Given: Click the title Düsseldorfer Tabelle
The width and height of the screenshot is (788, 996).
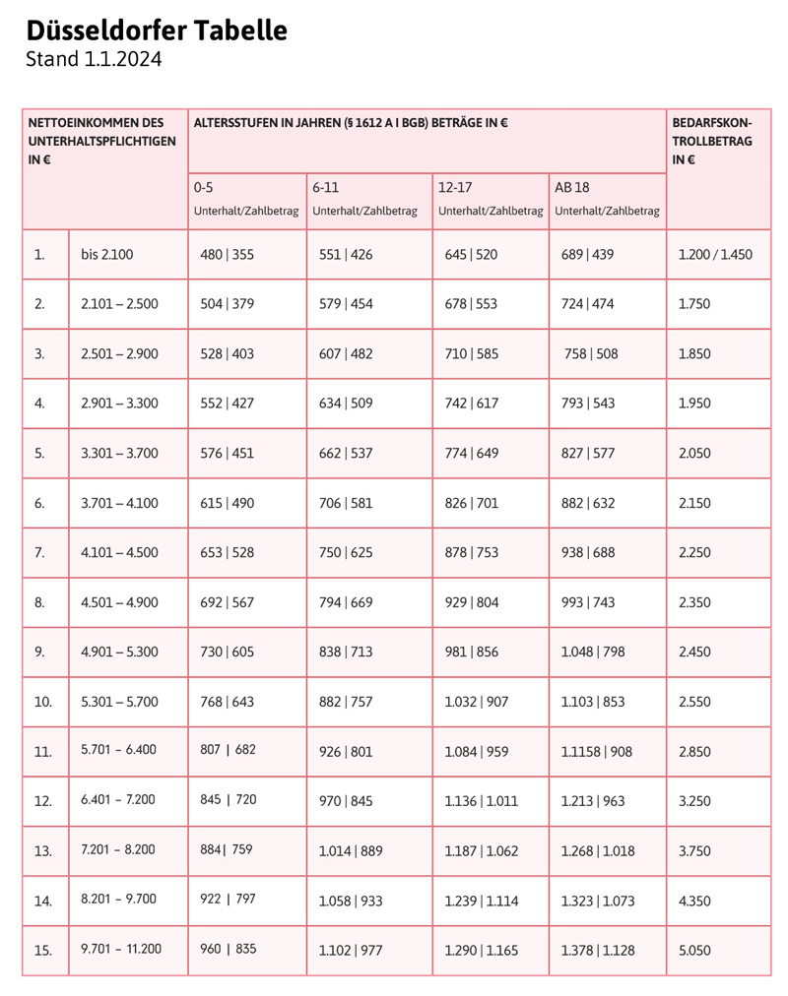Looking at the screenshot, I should tap(157, 31).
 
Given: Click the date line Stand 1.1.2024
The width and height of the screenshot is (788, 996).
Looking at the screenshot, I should tap(94, 60).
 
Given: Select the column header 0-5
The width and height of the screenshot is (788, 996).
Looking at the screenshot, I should tap(203, 187).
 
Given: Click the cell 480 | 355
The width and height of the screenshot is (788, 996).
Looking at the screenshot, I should tap(227, 255).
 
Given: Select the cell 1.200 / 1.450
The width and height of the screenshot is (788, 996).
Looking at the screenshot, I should tap(715, 255).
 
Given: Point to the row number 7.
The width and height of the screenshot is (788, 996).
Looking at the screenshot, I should tap(39, 553).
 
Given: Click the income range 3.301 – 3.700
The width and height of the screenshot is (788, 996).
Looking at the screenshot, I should tap(119, 454).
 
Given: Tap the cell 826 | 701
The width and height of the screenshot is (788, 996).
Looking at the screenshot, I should tap(472, 503).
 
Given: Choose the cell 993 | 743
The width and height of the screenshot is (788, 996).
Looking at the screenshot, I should tap(587, 602).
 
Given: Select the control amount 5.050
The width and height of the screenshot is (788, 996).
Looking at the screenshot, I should tap(694, 951).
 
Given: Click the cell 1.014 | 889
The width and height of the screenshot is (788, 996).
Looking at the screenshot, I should tap(351, 850).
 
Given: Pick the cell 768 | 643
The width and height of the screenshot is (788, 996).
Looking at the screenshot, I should tap(227, 702).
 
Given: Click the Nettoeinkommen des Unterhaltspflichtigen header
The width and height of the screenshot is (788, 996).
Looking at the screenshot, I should tap(102, 141).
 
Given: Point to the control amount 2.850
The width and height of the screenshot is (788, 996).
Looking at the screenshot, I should tap(694, 752).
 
